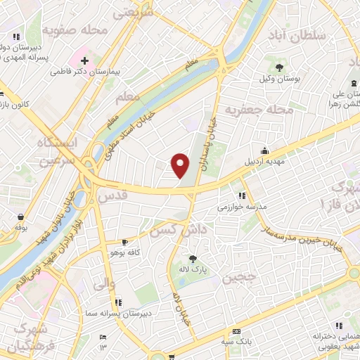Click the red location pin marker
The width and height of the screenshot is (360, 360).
181,165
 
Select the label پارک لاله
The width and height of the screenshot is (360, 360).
191,270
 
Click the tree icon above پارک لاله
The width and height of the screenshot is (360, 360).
191,258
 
